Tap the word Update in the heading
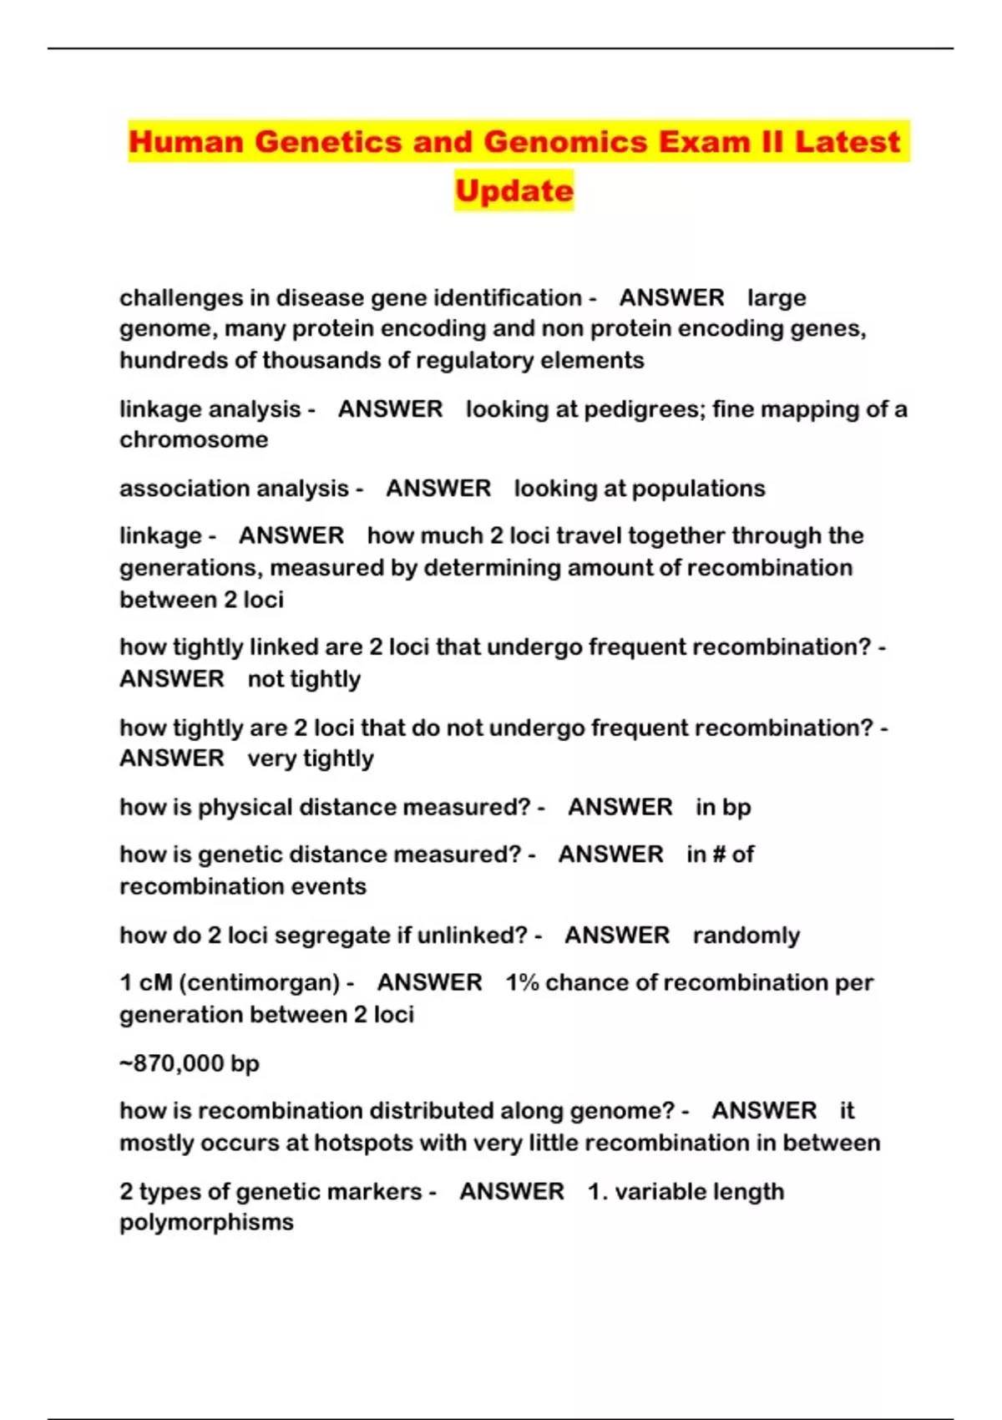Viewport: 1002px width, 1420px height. [514, 191]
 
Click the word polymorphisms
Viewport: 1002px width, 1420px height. [206, 1222]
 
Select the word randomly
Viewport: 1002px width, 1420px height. [746, 936]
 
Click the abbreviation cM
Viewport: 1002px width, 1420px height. [155, 982]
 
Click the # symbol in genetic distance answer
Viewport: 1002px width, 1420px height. [717, 855]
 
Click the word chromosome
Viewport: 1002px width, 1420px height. [194, 440]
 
